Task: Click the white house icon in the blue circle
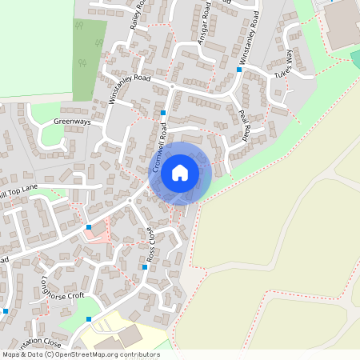tap(180, 172)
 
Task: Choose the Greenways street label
tap(72, 122)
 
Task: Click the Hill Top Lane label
tap(18, 192)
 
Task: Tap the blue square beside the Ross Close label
tap(145, 267)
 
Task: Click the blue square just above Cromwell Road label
tap(163, 113)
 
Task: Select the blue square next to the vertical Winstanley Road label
tap(238, 70)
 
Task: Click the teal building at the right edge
tap(355, 59)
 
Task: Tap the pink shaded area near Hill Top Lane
tap(99, 233)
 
